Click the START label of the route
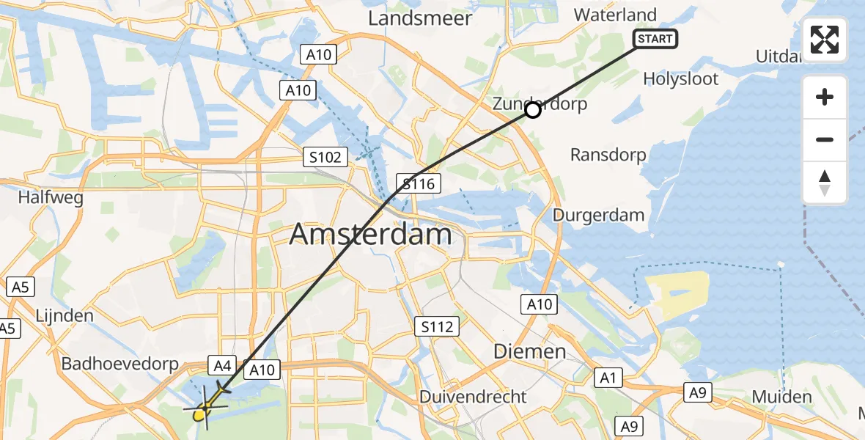coord(655,39)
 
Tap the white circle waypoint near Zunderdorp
coord(533,111)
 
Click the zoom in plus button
coord(825,97)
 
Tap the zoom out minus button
coord(825,139)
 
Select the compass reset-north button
coord(825,183)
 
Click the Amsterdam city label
coord(370,235)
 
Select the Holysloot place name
coord(680,79)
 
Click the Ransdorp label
coord(608,155)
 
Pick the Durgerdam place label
coord(598,216)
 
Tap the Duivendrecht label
coord(473,397)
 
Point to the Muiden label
coord(781,397)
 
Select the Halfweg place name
coord(51,198)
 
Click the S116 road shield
coord(419,183)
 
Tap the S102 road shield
coord(324,155)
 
